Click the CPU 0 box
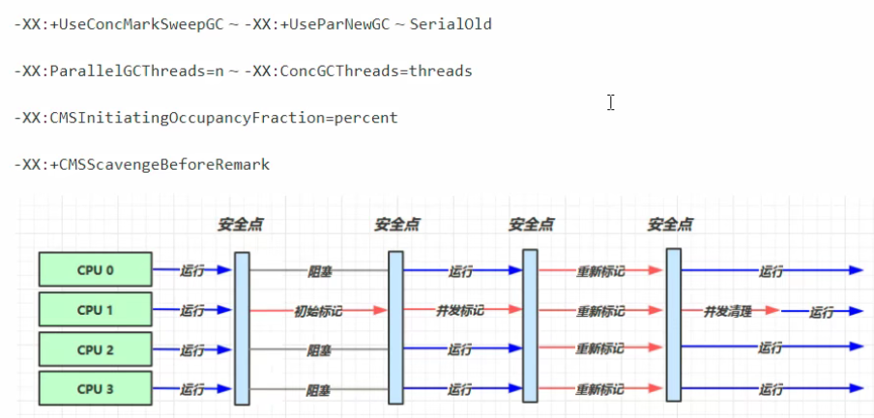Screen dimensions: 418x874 click(95, 270)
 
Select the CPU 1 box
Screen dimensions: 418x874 click(95, 310)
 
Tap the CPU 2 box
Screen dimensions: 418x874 click(95, 349)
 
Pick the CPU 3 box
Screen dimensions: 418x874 click(95, 389)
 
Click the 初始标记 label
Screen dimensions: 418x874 click(319, 311)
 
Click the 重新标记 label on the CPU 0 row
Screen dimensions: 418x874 click(600, 271)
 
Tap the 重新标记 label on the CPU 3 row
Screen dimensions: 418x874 click(600, 390)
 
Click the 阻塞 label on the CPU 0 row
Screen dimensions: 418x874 click(320, 271)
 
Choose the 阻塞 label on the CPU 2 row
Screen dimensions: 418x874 click(320, 350)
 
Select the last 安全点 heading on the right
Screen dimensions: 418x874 click(670, 225)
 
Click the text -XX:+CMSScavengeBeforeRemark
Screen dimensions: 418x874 click(142, 165)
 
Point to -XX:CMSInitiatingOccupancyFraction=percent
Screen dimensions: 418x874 click(206, 118)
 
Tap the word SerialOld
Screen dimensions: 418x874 click(451, 23)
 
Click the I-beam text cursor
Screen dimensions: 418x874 click(611, 102)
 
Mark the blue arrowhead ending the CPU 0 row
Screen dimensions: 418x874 click(855, 271)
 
